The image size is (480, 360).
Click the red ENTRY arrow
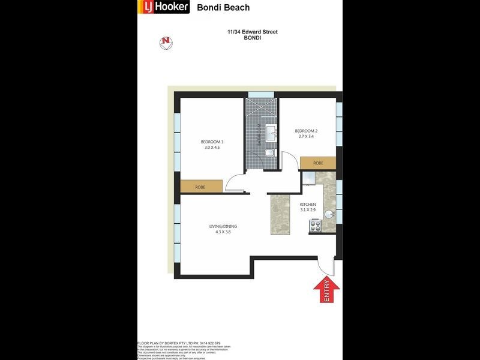[x=326, y=290]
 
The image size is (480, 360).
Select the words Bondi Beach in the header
[x=223, y=8]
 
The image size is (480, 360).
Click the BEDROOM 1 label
[x=212, y=142]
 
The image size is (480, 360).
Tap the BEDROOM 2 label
[x=305, y=131]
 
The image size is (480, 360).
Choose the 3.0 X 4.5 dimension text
[x=212, y=148]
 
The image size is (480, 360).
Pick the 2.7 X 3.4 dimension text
[x=305, y=137]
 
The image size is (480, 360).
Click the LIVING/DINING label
[x=223, y=226]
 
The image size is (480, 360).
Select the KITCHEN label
[x=308, y=205]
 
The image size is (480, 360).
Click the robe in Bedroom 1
[x=201, y=187]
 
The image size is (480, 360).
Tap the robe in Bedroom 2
[x=317, y=163]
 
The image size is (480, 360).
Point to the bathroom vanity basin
[x=271, y=132]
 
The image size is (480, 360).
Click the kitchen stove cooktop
[x=315, y=226]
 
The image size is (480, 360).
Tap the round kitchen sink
[x=329, y=214]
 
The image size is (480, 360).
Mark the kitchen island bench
[x=280, y=213]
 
